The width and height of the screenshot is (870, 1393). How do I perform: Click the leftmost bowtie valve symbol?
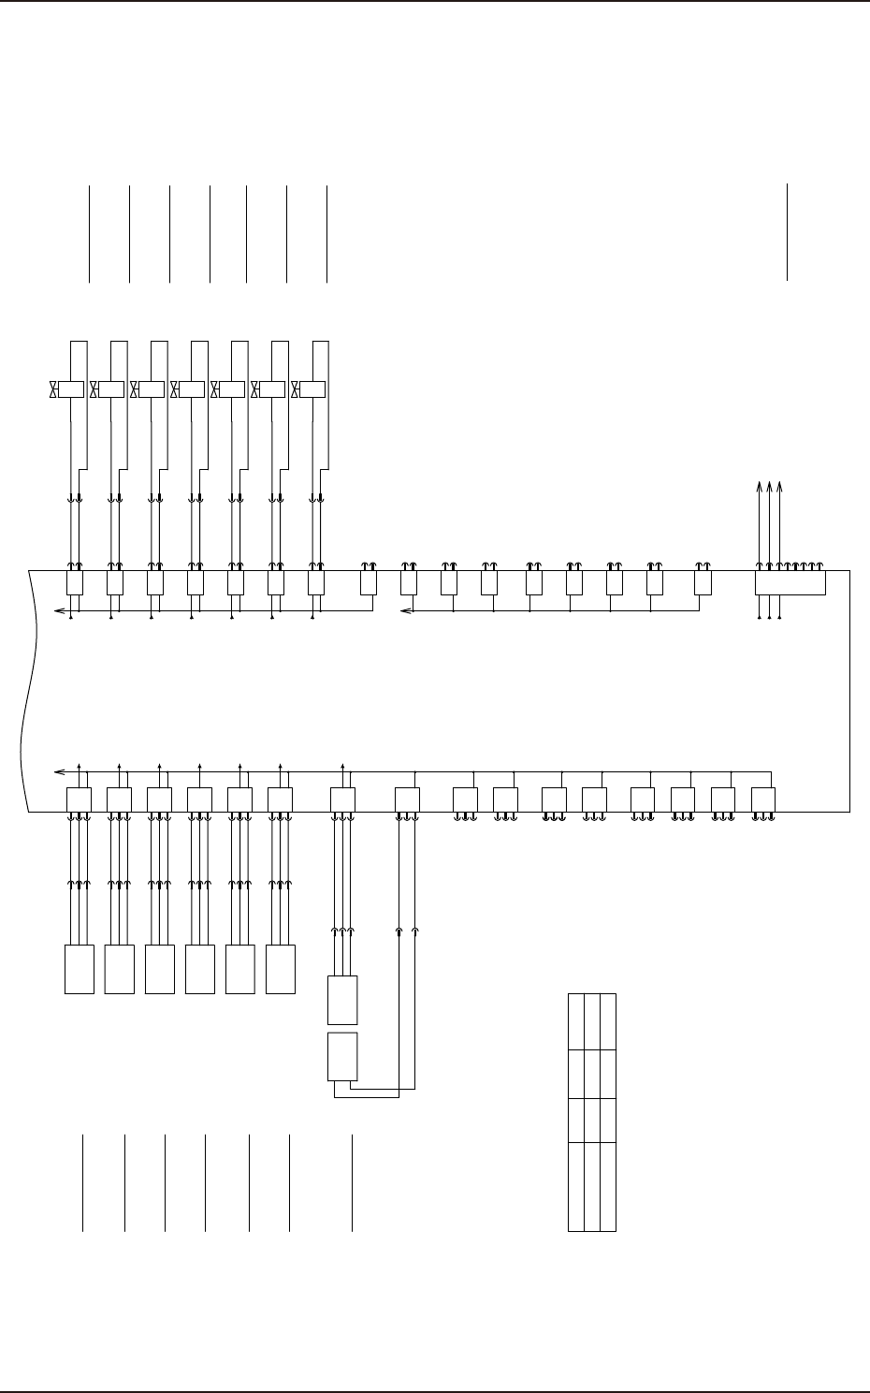[x=53, y=389]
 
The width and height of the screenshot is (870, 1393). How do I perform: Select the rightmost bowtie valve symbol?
[x=296, y=389]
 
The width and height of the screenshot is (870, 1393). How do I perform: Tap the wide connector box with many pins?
[x=790, y=582]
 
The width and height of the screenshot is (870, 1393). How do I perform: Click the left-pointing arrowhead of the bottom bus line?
[x=59, y=772]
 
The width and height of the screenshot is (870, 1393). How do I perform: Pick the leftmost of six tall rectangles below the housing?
[x=80, y=969]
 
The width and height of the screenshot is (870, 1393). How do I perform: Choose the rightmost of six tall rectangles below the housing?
[x=281, y=969]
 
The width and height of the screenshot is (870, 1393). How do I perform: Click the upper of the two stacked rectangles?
[x=342, y=1000]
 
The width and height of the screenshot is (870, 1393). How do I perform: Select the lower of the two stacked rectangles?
[x=342, y=1057]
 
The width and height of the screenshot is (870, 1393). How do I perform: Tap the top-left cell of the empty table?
[x=575, y=1021]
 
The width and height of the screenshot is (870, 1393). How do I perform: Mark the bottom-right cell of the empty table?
[x=608, y=1186]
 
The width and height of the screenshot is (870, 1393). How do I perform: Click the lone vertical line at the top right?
[x=788, y=232]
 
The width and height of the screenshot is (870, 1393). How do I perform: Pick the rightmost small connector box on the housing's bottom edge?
[x=763, y=799]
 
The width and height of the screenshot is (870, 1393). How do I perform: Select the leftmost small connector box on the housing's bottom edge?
[x=80, y=799]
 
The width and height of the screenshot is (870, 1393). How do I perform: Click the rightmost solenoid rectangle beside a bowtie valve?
[x=312, y=389]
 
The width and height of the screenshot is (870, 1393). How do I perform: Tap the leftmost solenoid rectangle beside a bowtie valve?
[x=71, y=389]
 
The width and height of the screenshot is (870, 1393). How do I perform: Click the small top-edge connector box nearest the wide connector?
[x=703, y=582]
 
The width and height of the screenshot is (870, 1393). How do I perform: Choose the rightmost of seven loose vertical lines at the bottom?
[x=353, y=1182]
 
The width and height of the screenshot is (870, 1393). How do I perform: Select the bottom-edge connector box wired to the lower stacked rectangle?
[x=407, y=799]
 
